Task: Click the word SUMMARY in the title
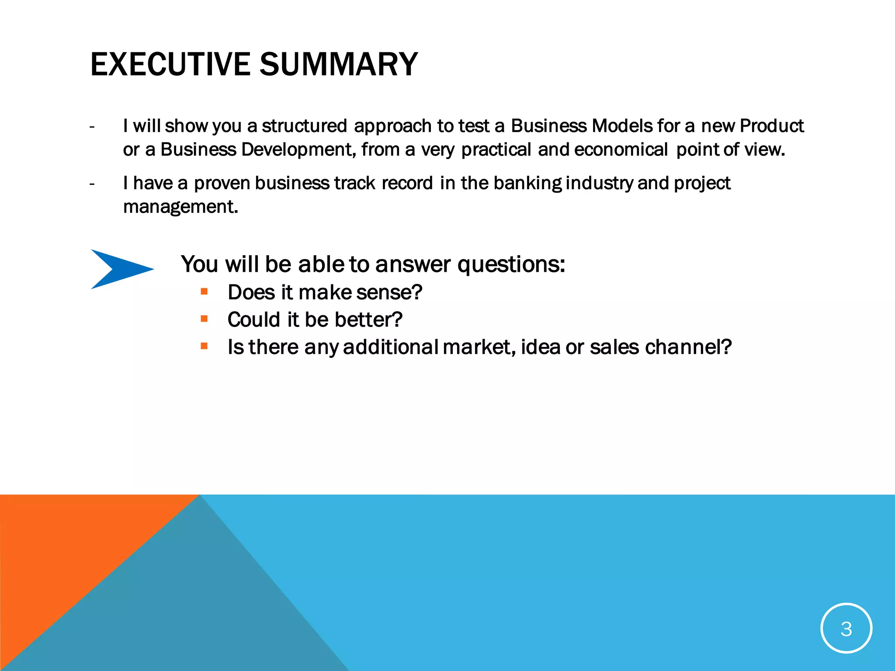[x=339, y=64]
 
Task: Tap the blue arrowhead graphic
[x=118, y=269]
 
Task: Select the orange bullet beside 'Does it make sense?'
[x=204, y=291]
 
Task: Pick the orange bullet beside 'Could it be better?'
[x=204, y=319]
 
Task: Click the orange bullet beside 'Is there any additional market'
[x=204, y=346]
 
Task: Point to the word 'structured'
[x=304, y=126]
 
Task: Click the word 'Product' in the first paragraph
[x=771, y=126]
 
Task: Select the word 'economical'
[x=621, y=149]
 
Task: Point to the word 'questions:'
[x=511, y=265]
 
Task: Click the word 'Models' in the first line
[x=621, y=126]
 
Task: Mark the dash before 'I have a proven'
[x=92, y=184]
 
